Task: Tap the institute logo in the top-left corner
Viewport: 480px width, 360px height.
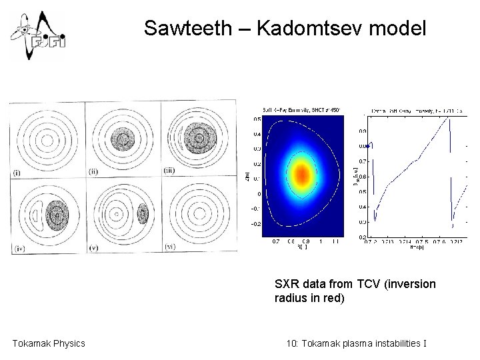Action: click(37, 35)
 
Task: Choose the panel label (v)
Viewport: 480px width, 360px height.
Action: click(94, 247)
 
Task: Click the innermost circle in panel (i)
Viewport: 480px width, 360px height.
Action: click(45, 141)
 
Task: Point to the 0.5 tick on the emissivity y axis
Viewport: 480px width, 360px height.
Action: click(257, 120)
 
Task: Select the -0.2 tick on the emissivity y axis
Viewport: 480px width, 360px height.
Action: click(255, 225)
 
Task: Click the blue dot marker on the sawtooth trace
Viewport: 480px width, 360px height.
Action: click(367, 146)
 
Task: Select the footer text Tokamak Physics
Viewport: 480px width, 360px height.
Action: click(49, 343)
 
